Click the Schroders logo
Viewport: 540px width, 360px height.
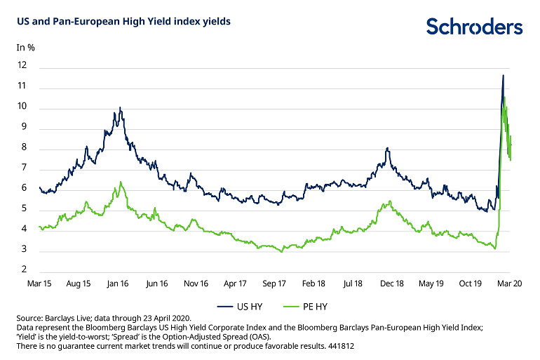475,27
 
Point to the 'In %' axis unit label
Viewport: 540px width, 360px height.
26,48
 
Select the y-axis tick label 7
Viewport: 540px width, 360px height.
25,168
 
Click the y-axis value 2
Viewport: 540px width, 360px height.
25,270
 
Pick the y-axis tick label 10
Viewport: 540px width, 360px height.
22,107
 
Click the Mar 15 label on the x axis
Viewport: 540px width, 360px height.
39,284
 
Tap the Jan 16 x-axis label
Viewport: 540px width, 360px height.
118,284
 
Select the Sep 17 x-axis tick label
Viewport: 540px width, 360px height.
274,284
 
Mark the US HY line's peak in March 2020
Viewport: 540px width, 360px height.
503,75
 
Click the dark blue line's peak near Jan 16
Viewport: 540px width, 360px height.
120,107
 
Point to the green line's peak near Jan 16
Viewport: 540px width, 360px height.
121,182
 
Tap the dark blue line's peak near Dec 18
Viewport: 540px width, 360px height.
387,148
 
